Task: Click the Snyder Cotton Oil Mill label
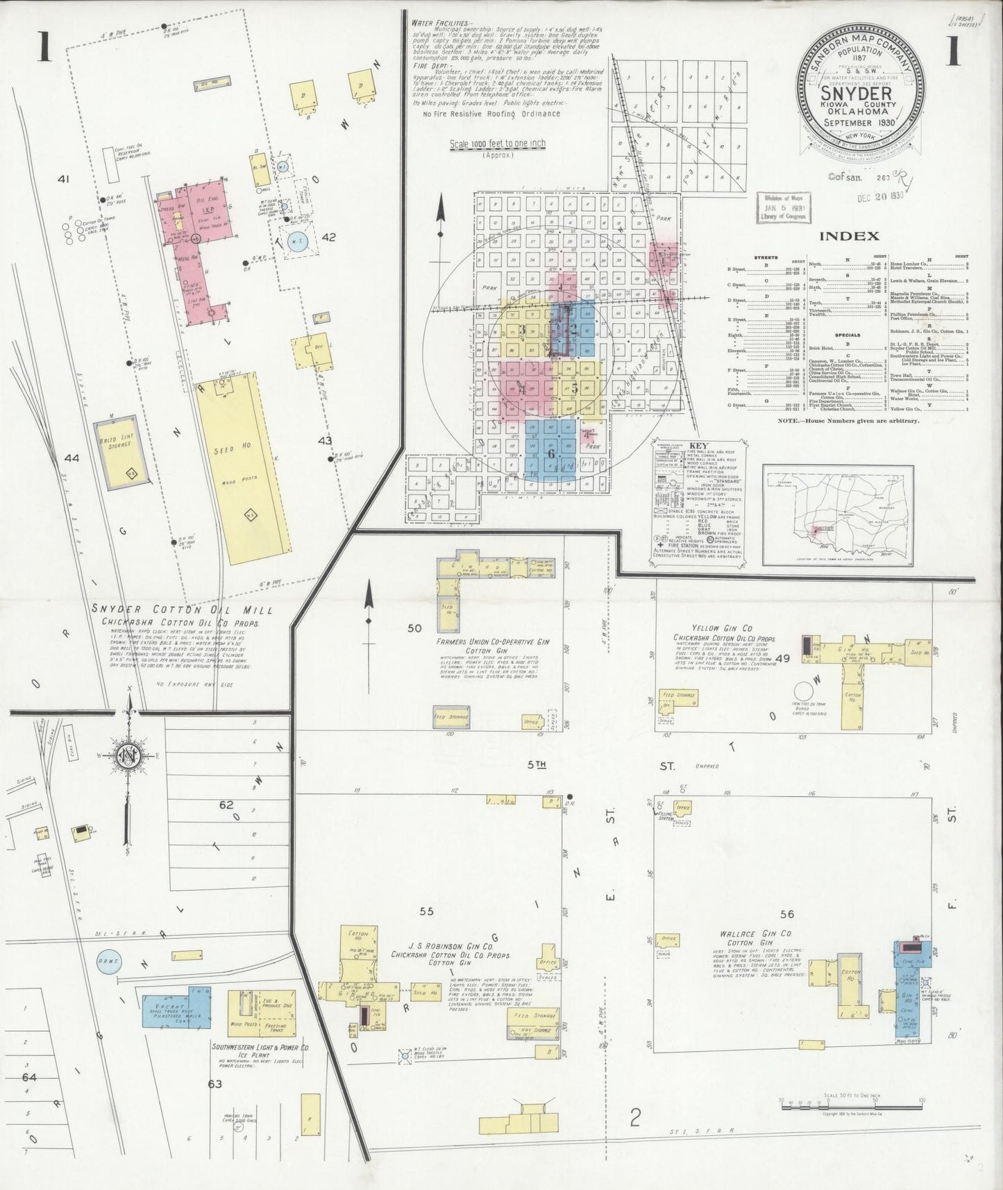coord(182,610)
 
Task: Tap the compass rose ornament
coord(130,755)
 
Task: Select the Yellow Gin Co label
coord(715,627)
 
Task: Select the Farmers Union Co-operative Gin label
coord(492,643)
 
